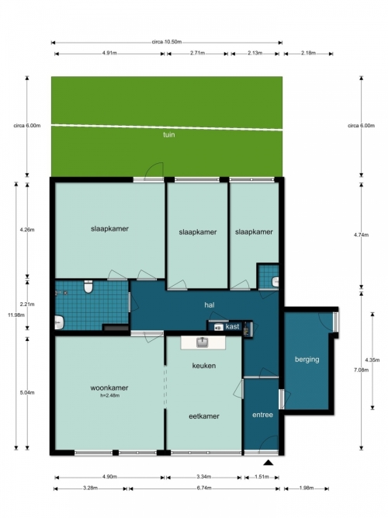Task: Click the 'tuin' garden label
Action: (x=168, y=134)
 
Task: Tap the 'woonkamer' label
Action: (x=109, y=388)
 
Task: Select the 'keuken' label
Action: (x=204, y=365)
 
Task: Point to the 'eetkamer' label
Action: (x=204, y=416)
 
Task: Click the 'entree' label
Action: (x=262, y=415)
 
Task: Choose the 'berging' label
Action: (x=307, y=359)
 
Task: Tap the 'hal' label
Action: (x=210, y=305)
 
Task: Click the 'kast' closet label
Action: (x=232, y=326)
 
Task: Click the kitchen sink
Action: (x=202, y=342)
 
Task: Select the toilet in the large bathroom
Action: (x=88, y=287)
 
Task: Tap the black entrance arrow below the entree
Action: (x=268, y=463)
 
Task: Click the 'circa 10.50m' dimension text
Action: (x=167, y=42)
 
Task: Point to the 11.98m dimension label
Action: (x=16, y=315)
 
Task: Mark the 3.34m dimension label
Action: (x=204, y=477)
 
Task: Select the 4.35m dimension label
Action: (x=372, y=360)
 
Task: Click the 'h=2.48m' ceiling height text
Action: (x=109, y=395)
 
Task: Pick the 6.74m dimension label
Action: (x=204, y=488)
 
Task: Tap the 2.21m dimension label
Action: (x=27, y=304)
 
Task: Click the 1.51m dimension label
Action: (x=262, y=477)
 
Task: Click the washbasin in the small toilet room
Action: (x=275, y=282)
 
